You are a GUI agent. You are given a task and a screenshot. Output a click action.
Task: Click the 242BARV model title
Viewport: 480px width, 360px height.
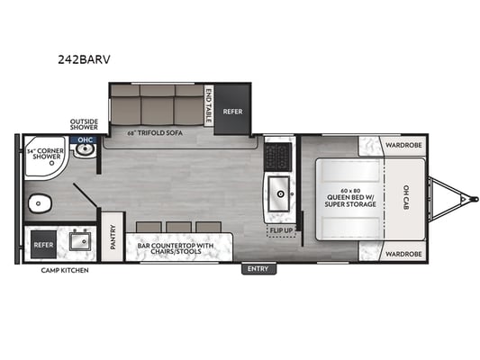click(84, 59)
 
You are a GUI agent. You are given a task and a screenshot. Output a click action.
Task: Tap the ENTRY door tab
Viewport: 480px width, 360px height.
click(258, 269)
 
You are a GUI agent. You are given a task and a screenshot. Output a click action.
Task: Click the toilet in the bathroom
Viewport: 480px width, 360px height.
click(41, 203)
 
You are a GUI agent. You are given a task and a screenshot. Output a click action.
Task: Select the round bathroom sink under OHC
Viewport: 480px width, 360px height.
click(85, 150)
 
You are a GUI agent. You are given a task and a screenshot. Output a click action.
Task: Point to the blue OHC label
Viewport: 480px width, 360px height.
click(85, 140)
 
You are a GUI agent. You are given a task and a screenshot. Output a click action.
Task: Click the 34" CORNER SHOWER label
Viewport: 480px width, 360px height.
click(46, 154)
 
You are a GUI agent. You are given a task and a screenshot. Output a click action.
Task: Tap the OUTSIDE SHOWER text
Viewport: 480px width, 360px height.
click(84, 124)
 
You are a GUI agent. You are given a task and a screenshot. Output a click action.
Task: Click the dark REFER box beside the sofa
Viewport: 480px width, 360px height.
click(232, 110)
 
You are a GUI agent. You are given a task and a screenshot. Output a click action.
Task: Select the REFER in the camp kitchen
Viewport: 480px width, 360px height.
click(43, 245)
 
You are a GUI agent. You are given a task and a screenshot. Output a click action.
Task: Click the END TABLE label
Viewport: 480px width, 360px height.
click(208, 105)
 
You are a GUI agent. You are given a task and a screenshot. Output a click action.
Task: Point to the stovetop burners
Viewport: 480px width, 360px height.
click(278, 157)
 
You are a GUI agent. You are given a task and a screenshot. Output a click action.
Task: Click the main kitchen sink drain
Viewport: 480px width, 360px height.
click(280, 193)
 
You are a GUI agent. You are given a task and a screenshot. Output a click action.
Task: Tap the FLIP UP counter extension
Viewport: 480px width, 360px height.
click(281, 230)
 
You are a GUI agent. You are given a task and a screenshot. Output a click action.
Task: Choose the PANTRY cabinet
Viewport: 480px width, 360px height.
click(113, 237)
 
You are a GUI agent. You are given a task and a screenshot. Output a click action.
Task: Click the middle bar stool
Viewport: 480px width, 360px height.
click(179, 228)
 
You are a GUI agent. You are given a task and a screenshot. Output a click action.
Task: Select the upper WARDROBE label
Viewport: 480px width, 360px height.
click(403, 145)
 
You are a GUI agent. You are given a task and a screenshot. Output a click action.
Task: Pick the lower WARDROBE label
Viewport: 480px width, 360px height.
click(403, 254)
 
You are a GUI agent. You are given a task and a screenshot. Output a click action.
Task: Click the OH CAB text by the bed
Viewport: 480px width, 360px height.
click(406, 197)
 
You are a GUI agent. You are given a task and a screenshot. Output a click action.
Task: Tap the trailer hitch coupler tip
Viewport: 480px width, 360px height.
click(475, 199)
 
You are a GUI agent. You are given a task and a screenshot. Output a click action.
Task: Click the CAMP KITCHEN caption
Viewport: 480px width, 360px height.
click(65, 270)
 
